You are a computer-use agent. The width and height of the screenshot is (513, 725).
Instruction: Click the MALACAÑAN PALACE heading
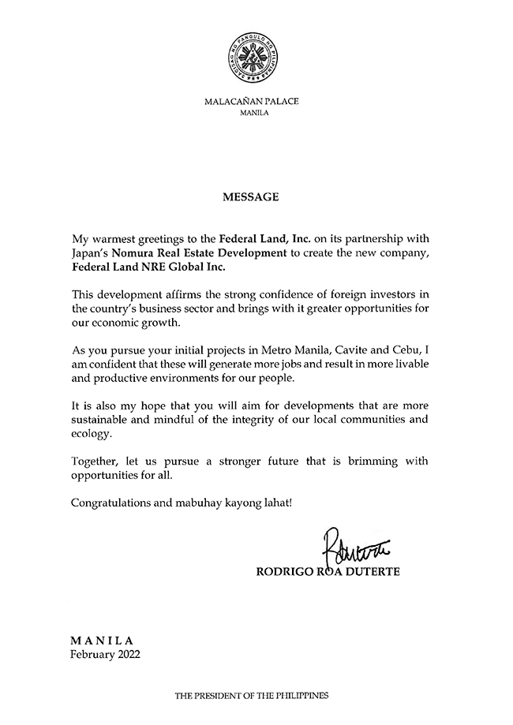click(253, 102)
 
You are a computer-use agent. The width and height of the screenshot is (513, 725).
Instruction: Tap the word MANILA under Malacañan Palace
click(253, 114)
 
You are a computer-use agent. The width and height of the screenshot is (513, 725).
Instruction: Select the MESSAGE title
click(253, 197)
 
